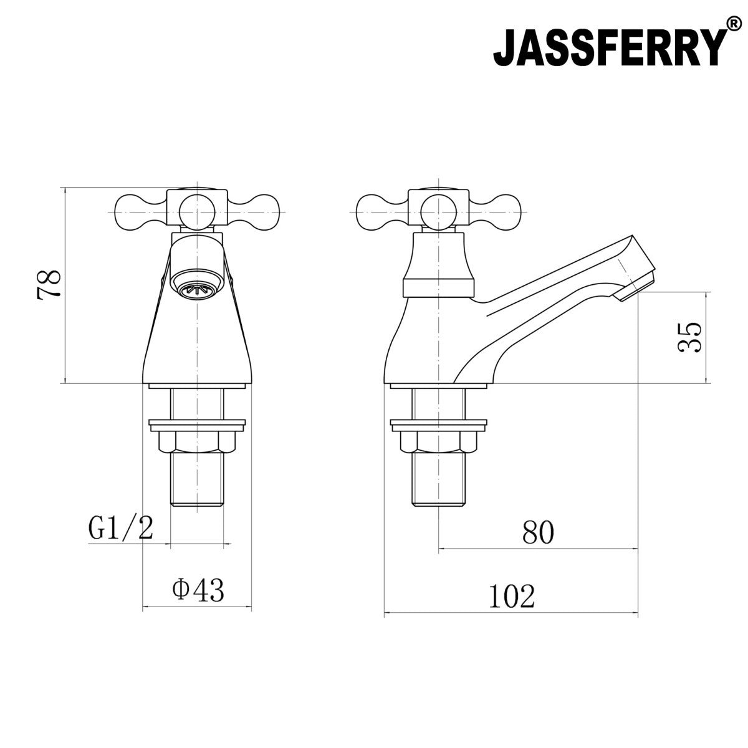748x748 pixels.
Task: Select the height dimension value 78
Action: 49,284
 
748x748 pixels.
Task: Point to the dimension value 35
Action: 689,337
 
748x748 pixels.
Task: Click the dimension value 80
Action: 538,532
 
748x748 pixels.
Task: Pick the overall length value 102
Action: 512,597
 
